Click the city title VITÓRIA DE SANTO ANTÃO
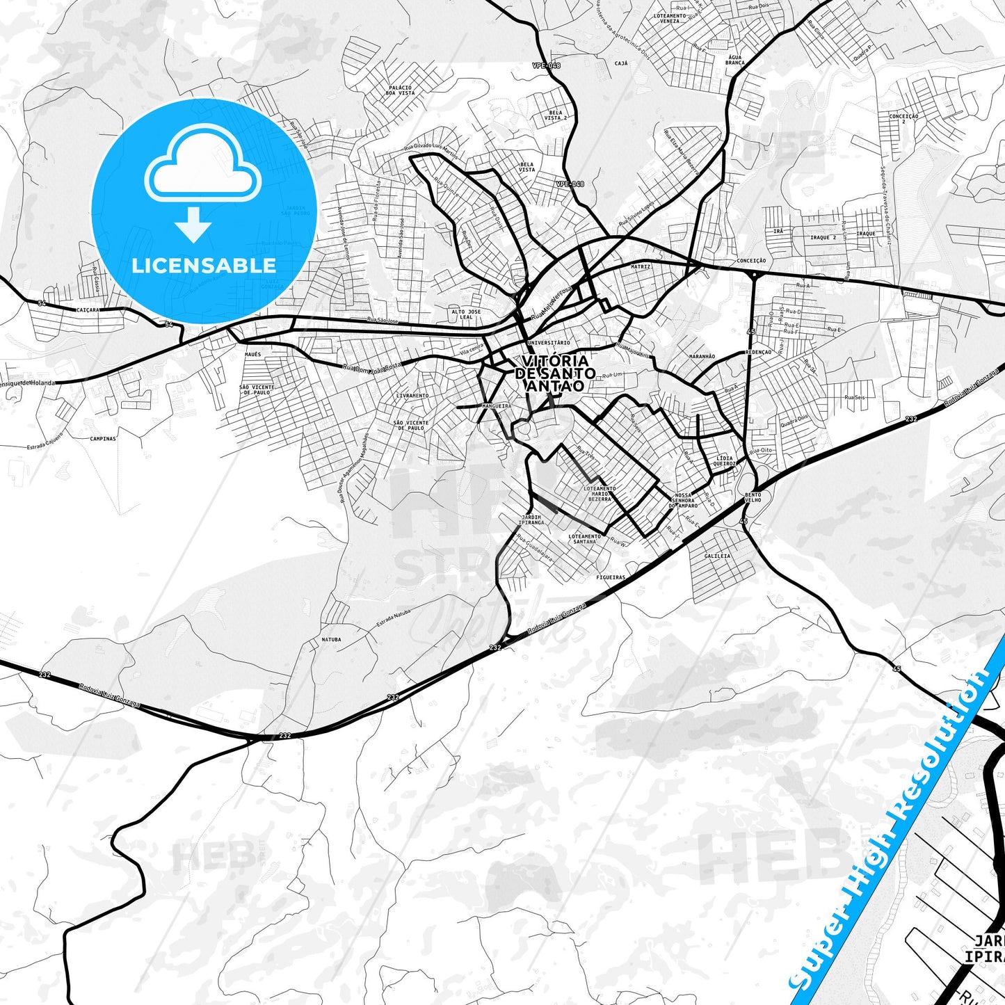click(x=554, y=373)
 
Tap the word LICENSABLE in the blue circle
click(x=204, y=265)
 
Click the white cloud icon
click(x=202, y=170)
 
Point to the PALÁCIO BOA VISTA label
click(x=400, y=90)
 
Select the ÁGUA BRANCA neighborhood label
click(x=734, y=60)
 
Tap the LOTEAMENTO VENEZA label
click(x=670, y=18)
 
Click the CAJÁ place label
click(x=621, y=63)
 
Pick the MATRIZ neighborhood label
click(x=641, y=266)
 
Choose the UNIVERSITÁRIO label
click(x=549, y=343)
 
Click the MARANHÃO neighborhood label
click(x=702, y=356)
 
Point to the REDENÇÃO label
click(x=757, y=352)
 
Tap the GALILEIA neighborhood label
click(x=717, y=556)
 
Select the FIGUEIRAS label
click(x=611, y=577)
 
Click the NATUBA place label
click(x=331, y=638)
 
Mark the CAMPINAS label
click(x=103, y=439)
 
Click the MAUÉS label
click(x=252, y=354)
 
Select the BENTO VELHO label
click(x=753, y=497)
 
